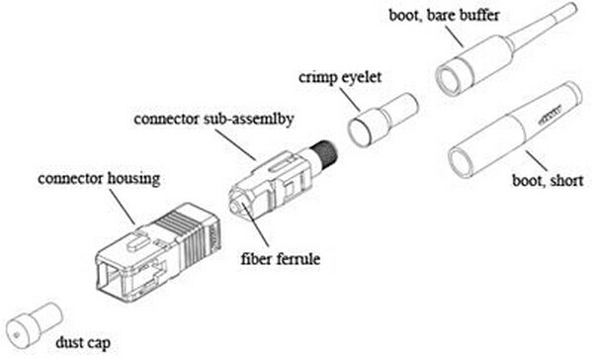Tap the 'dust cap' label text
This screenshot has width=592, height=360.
click(80, 344)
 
